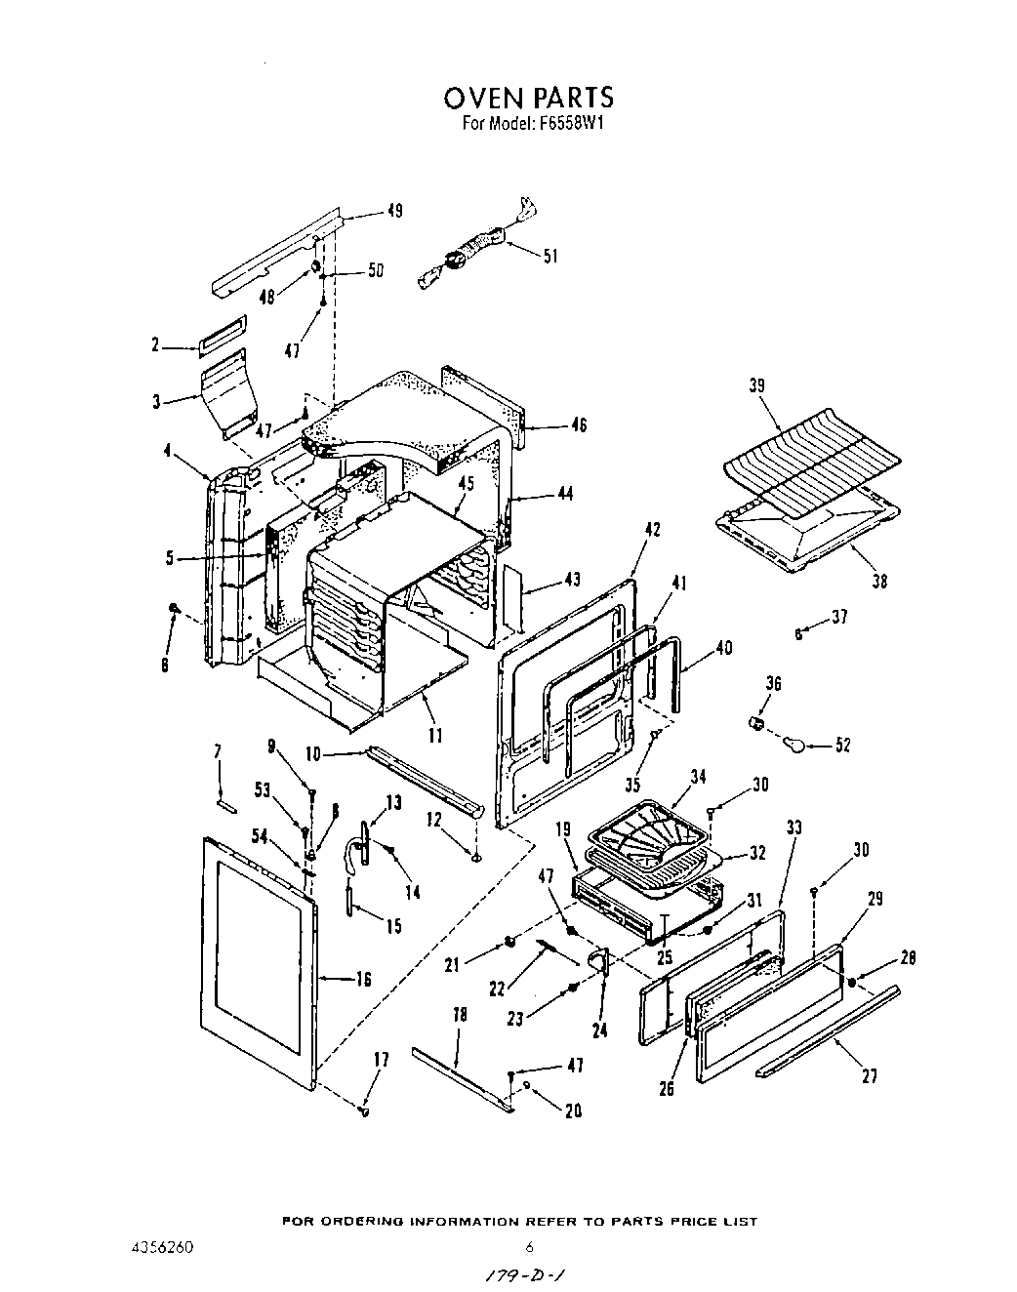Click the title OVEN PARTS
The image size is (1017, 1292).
pyautogui.click(x=528, y=98)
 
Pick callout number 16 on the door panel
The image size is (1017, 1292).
pyautogui.click(x=363, y=979)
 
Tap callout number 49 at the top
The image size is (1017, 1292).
pyautogui.click(x=394, y=211)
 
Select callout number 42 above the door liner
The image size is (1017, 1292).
pyautogui.click(x=653, y=530)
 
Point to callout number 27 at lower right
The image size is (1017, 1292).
pyautogui.click(x=870, y=1076)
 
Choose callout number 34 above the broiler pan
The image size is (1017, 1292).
pyautogui.click(x=698, y=778)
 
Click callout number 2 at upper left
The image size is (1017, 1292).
pyautogui.click(x=154, y=345)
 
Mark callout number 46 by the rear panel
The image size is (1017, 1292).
pyautogui.click(x=579, y=425)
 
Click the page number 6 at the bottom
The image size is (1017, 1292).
pyautogui.click(x=528, y=1247)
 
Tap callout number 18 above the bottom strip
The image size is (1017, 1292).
pyautogui.click(x=461, y=1015)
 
